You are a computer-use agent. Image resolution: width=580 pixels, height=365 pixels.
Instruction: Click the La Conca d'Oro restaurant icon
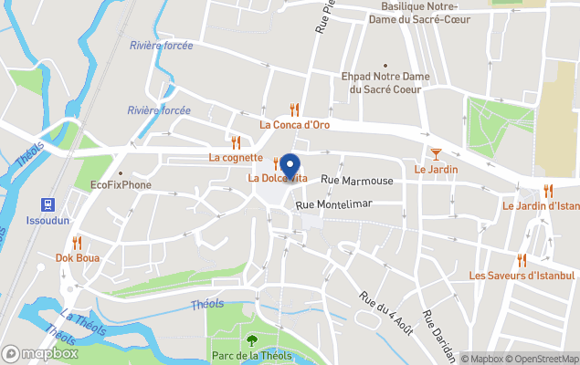[x=294, y=109]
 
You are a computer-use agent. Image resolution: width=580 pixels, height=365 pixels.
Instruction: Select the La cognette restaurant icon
[x=236, y=142]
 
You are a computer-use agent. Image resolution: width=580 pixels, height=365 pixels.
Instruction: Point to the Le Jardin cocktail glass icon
[x=436, y=153]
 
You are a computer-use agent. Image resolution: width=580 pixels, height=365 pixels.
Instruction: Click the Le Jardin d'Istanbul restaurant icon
[x=548, y=191]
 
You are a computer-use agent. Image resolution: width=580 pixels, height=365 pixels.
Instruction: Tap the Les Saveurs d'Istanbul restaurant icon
[x=522, y=260]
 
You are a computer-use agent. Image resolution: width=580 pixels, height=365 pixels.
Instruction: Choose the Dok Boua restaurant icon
[x=77, y=243]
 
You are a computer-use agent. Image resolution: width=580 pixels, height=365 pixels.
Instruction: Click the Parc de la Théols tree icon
[x=252, y=340]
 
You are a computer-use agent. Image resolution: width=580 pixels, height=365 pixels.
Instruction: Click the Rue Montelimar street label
[x=335, y=203]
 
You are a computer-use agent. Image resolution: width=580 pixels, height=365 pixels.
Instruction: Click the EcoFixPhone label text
[x=121, y=185]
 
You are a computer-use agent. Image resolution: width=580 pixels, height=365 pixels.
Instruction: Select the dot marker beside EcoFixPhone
[x=120, y=172]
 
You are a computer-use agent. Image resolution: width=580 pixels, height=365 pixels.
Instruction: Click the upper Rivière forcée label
[x=161, y=45]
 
